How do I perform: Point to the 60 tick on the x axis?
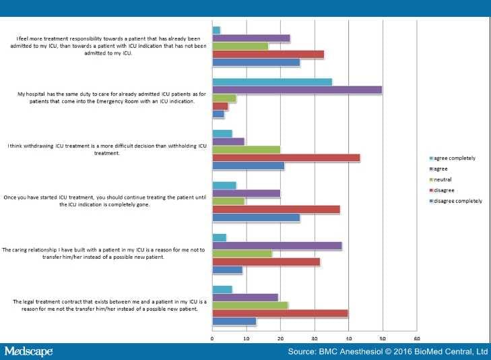[417, 338]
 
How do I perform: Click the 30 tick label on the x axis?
[315, 338]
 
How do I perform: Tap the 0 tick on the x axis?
[212, 338]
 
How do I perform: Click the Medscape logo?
[28, 351]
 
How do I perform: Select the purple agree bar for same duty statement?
[297, 90]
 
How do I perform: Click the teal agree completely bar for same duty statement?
[272, 82]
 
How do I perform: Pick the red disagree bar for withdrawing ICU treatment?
[286, 158]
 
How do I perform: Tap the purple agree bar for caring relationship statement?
[277, 246]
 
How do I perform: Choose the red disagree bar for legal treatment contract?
[280, 313]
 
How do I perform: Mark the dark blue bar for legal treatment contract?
[234, 321]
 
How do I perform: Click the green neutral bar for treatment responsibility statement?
[240, 47]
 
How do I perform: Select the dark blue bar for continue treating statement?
[256, 218]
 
